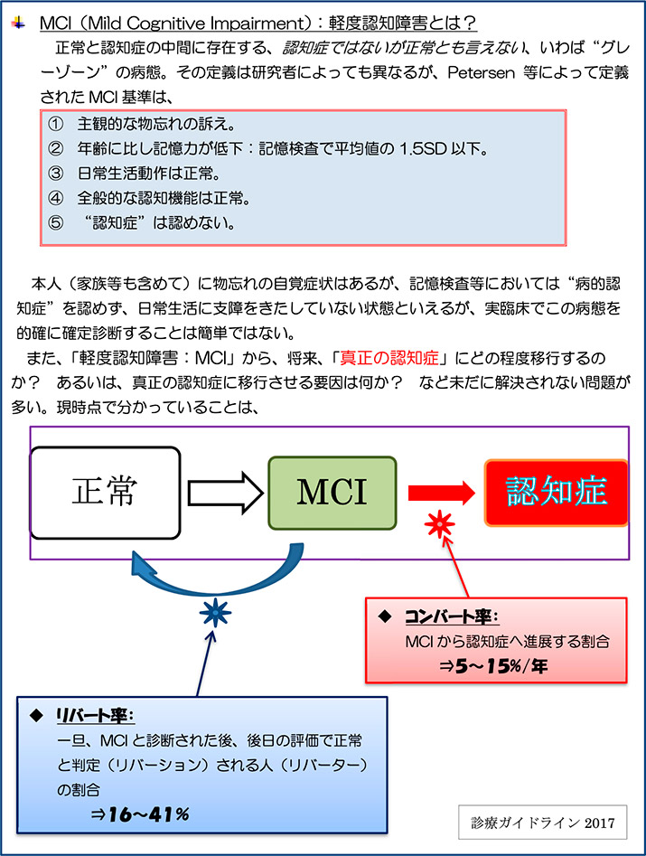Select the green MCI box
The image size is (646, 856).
coord(332,494)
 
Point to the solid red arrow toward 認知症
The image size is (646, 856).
coord(441,494)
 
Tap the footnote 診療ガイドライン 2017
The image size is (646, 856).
coord(542,823)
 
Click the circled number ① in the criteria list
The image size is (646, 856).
coord(57,124)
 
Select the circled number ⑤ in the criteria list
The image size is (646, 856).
coord(57,221)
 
